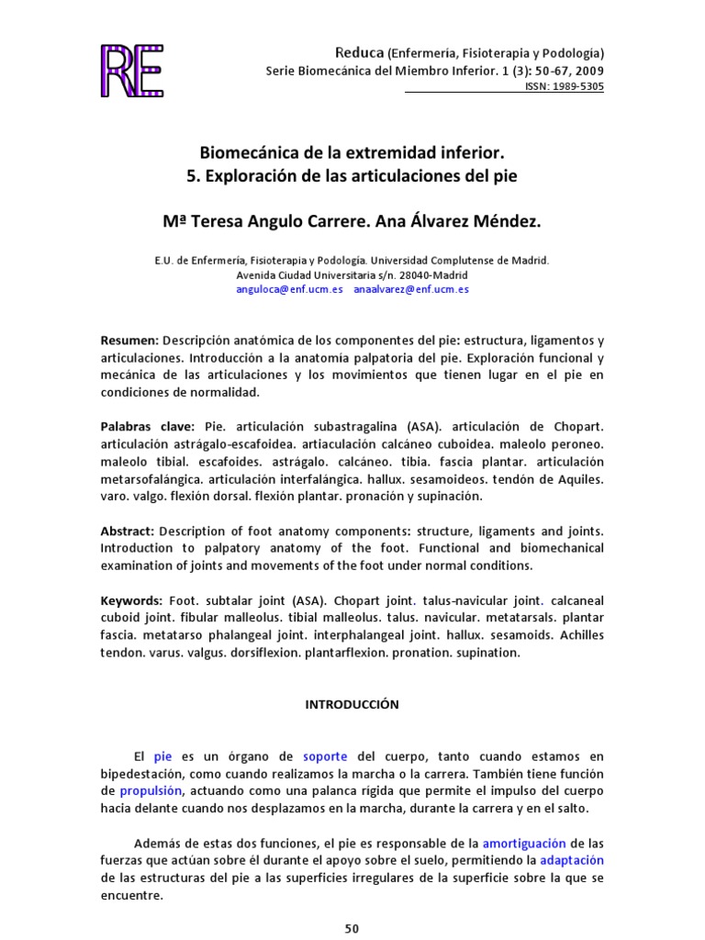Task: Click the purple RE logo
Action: point(131,70)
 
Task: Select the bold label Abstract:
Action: point(129,531)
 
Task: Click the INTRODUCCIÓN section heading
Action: point(352,704)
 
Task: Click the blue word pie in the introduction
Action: point(163,756)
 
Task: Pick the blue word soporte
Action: point(325,756)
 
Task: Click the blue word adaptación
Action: point(572,860)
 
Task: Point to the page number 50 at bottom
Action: point(352,929)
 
